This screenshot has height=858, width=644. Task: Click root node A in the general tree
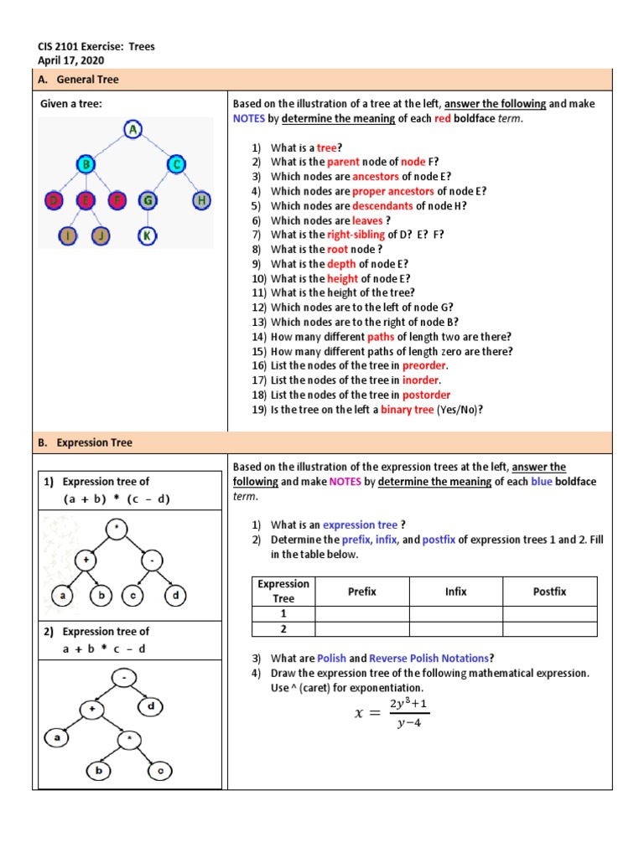coord(132,129)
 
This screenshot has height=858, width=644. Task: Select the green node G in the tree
coord(147,200)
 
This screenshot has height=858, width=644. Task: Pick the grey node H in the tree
coord(202,200)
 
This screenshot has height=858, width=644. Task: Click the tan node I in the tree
coord(66,235)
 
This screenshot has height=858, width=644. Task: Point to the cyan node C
coord(174,164)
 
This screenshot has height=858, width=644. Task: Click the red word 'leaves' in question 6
coord(367,220)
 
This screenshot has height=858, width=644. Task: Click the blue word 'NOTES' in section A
coord(249,118)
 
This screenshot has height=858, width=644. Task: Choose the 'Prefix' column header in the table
coord(362,592)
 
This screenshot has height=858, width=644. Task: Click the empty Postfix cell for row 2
coord(549,628)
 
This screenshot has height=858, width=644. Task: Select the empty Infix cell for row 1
coord(455,613)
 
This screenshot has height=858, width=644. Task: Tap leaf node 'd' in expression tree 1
coord(174,597)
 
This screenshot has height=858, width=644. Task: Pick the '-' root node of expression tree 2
coord(124,676)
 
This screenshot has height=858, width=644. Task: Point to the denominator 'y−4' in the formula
coord(408,724)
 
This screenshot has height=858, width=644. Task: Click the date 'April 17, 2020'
coord(71,60)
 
